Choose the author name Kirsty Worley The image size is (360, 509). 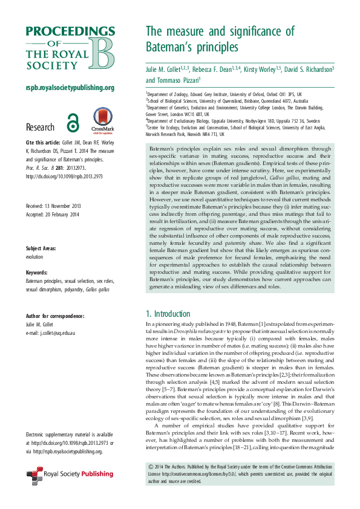pyautogui.click(x=263, y=70)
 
